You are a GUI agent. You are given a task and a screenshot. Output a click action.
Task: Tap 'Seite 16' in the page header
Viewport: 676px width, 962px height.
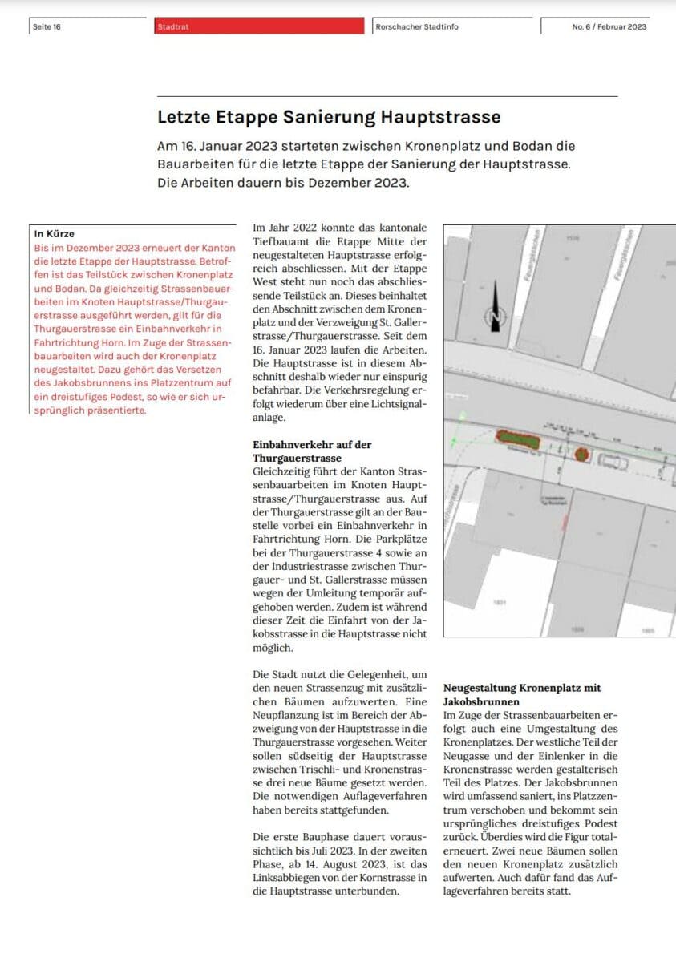pyautogui.click(x=47, y=26)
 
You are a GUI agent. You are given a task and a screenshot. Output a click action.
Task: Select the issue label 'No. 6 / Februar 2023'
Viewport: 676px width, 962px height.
pyautogui.click(x=609, y=26)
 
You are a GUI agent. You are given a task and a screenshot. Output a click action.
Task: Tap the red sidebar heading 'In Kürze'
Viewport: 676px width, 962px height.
pyautogui.click(x=55, y=234)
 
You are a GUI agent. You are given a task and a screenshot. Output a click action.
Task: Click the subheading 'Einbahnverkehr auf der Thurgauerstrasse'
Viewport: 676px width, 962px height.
pyautogui.click(x=312, y=451)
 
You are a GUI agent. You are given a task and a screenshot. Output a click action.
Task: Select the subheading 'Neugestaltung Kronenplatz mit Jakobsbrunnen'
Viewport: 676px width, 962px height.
pyautogui.click(x=522, y=694)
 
